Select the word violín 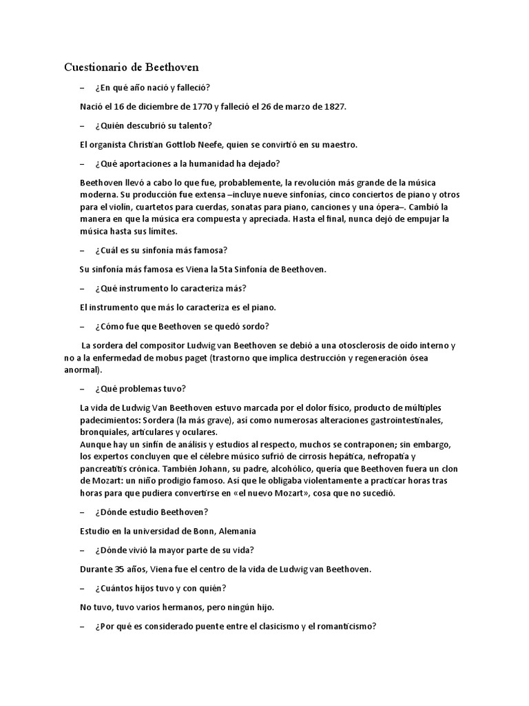coord(116,206)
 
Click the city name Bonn coord(198,531)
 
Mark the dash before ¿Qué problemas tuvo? coord(83,388)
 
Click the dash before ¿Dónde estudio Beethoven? coord(83,512)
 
